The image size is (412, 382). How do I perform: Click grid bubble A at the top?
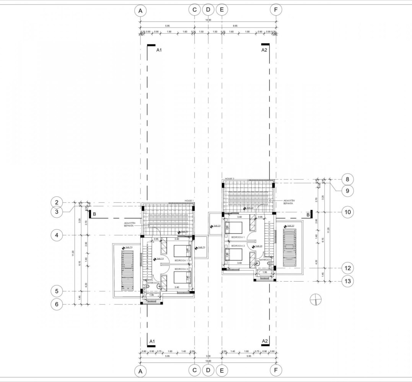click(140, 11)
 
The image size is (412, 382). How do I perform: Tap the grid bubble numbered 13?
click(347, 281)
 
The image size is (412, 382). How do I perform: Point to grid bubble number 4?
click(57, 235)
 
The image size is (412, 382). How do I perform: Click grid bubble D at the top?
click(208, 10)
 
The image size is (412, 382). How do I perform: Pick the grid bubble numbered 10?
click(347, 212)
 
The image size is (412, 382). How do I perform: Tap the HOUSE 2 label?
click(230, 179)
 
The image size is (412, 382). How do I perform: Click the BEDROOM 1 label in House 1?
click(181, 260)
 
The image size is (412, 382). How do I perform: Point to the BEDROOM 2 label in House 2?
click(238, 246)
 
